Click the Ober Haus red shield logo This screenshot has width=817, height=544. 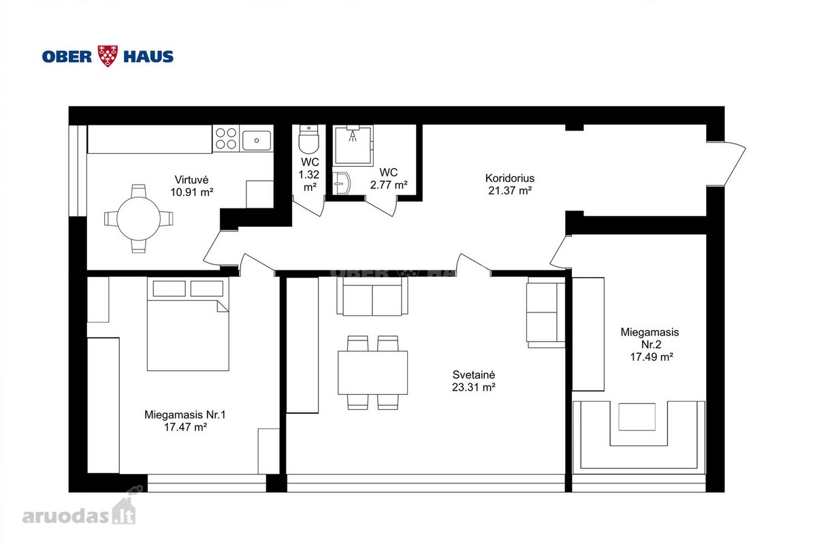pos(108,57)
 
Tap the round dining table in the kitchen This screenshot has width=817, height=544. pos(139,219)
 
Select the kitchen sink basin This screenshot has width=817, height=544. pos(257,141)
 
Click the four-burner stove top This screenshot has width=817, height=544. pos(226,139)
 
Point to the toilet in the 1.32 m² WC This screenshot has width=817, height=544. pos(308,139)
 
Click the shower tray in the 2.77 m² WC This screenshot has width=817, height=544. pos(353,146)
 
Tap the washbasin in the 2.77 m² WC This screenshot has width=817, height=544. pos(341,183)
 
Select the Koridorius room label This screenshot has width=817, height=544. pos(509,178)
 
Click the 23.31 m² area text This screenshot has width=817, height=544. pos(473,387)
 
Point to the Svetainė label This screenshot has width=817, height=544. pos(473,374)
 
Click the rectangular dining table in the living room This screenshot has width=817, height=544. pos(373,372)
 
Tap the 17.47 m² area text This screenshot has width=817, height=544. pos(185,427)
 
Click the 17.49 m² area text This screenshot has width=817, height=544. pos(652,357)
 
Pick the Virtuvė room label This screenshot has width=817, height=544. pos(191,180)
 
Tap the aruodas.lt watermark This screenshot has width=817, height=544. pos(79,509)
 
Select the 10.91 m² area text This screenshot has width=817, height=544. pos(191,192)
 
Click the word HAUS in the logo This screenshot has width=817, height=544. pos(148,57)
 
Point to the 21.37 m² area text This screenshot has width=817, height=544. pos(509,191)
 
